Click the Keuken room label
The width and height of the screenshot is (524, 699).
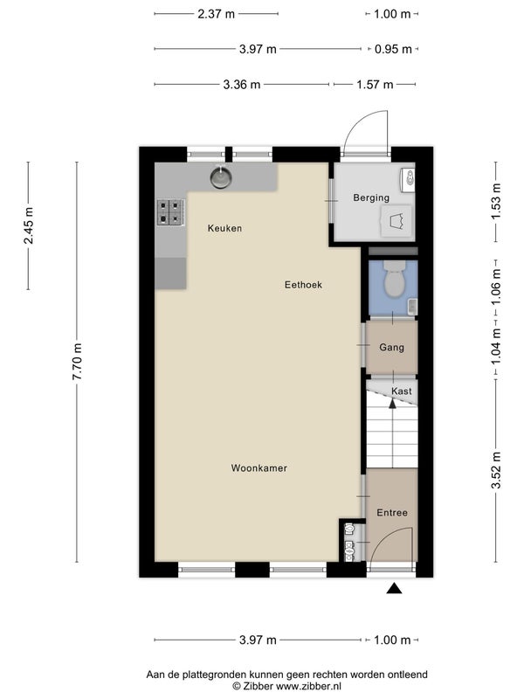[224, 228]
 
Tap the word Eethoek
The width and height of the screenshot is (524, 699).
[303, 285]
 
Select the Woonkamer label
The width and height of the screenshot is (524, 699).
[259, 468]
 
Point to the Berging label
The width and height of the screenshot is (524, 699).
[371, 197]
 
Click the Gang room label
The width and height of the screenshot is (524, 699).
[391, 347]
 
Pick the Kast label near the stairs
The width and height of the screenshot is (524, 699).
[402, 391]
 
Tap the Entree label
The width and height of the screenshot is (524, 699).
[392, 513]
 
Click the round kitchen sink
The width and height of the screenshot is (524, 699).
[221, 177]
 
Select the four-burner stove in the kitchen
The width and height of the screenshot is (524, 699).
[171, 212]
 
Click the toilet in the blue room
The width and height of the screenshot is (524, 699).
[395, 279]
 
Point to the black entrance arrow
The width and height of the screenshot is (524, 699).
[394, 588]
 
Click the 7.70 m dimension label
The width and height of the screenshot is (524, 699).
[77, 362]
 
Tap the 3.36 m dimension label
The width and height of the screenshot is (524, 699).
[242, 84]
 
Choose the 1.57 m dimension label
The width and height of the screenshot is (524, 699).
[375, 84]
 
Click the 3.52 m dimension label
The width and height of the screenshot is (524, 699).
[496, 470]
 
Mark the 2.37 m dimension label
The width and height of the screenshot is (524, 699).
[216, 14]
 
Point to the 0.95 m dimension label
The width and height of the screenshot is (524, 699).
[393, 49]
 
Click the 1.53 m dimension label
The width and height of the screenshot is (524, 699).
[496, 202]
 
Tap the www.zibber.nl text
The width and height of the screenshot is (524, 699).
[309, 687]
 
